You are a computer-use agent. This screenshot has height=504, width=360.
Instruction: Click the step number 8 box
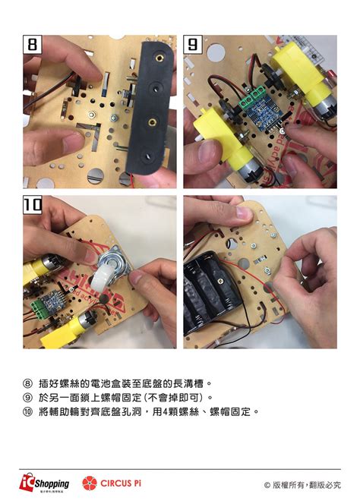pos(32,46)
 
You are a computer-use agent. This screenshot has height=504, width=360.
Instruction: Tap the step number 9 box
pos(194,46)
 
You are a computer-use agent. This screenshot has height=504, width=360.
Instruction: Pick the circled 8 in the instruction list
pos(28,383)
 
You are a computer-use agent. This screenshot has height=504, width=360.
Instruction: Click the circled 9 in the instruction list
pos(28,397)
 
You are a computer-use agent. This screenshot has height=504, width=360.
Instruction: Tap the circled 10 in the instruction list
pos(28,411)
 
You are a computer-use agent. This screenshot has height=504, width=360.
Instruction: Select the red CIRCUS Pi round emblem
pos(90,483)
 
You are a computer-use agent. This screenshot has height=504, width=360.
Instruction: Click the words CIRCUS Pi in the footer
pos(121,483)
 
